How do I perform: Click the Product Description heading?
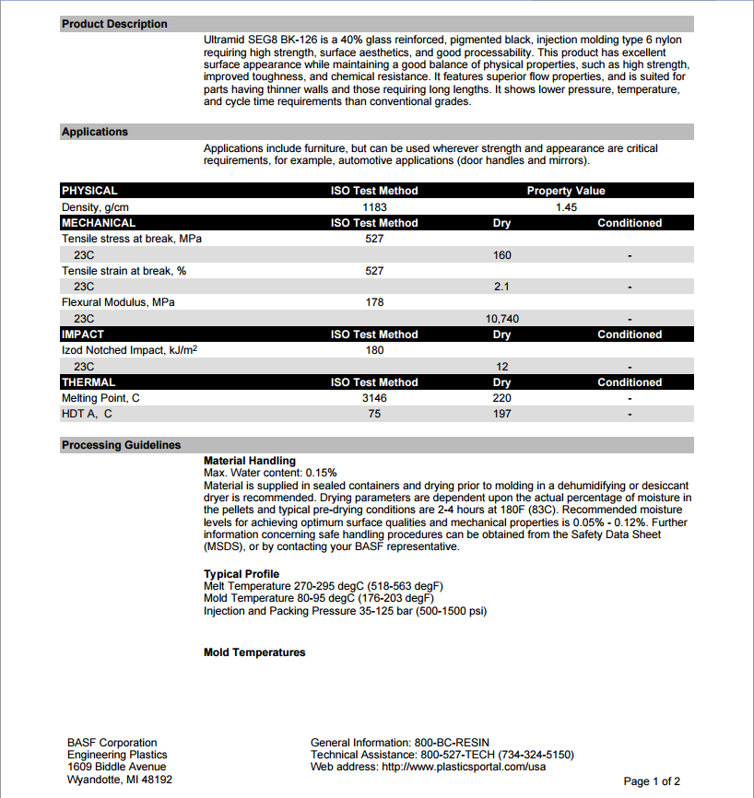point(114,24)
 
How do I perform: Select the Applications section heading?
point(95,132)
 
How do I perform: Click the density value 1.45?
point(566,207)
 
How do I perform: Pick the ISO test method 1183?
point(374,207)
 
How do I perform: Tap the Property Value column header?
point(566,191)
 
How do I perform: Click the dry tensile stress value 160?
point(501,255)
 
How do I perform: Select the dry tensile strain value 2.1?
point(501,287)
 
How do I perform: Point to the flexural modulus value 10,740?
point(501,319)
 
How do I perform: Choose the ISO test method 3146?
point(374,398)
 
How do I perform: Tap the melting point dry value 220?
point(501,398)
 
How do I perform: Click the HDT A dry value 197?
point(501,414)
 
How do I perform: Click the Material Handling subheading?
point(250,461)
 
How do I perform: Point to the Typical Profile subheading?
point(242,574)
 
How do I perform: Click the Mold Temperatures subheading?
point(254,652)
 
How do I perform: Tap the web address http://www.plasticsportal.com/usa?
point(464,767)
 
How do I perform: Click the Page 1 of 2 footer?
point(652,781)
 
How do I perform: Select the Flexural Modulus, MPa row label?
point(118,302)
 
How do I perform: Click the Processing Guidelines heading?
point(122,445)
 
